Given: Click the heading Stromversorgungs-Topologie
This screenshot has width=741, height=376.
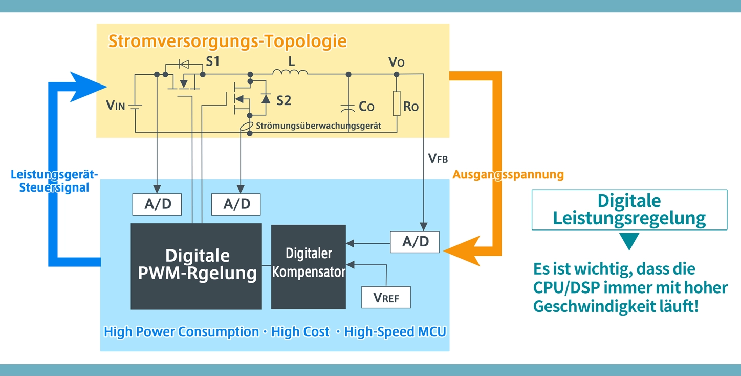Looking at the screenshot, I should pos(227,41).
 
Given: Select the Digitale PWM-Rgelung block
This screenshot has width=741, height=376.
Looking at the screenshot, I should pos(197,266).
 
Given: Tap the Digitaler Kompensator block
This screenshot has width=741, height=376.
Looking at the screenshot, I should pos(308,266).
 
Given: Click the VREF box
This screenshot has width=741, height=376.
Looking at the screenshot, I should pos(386,297).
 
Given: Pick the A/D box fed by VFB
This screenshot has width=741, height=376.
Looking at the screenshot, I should pos(415,242).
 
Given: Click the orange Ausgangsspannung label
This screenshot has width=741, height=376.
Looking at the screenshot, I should pos(508,175).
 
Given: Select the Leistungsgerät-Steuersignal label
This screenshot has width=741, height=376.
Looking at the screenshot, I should pos(54,181).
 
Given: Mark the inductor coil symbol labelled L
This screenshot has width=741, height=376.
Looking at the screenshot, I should pos(290,73).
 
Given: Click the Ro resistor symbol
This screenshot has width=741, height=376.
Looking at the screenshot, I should pos(397,103).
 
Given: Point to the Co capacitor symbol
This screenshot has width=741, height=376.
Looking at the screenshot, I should pos(348,108).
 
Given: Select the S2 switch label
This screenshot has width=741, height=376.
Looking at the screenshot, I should pos(284,101).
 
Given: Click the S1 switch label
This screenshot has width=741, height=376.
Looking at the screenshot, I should pos(213,62).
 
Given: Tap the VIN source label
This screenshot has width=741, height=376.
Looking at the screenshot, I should pos(115,106).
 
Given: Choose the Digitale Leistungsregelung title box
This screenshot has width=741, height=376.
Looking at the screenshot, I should pos(629,210).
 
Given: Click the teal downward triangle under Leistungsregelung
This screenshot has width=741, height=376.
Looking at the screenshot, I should pos(629,241).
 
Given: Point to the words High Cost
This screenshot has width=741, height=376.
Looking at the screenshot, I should pos(300,332).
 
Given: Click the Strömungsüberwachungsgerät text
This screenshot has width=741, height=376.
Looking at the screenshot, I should pos(318,126).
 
